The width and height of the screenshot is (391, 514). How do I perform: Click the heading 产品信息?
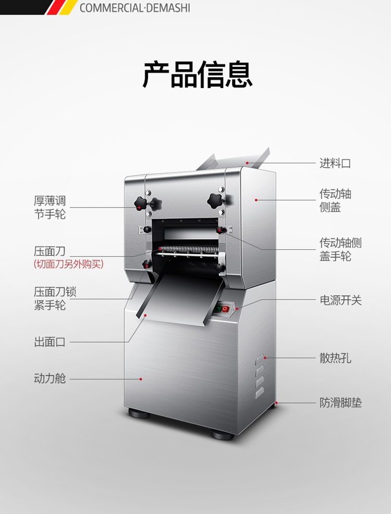coord(198,75)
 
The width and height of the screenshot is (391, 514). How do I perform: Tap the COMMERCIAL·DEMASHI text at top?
coord(135,8)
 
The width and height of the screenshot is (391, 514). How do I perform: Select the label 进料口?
coord(335,163)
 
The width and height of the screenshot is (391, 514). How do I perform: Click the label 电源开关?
coord(340,300)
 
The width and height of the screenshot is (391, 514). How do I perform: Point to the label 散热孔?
coord(335,358)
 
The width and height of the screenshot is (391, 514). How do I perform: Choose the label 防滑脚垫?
coord(340,402)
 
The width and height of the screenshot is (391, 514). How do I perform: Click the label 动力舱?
coord(50,378)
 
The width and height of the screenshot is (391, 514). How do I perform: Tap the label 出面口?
coord(50,342)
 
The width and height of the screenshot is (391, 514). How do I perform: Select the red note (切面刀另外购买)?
coord(68,264)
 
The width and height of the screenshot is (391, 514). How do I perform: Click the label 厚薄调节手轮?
coord(50,207)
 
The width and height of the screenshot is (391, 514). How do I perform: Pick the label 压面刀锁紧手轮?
coord(55,298)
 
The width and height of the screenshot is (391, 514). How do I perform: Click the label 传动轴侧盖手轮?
coord(340,249)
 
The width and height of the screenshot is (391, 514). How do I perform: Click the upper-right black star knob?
coord(215,199)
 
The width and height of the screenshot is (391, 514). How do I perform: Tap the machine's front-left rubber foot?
coord(139,413)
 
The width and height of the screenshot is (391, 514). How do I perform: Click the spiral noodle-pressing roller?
coord(187,249)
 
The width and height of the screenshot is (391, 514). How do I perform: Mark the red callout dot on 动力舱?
coord(141,379)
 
